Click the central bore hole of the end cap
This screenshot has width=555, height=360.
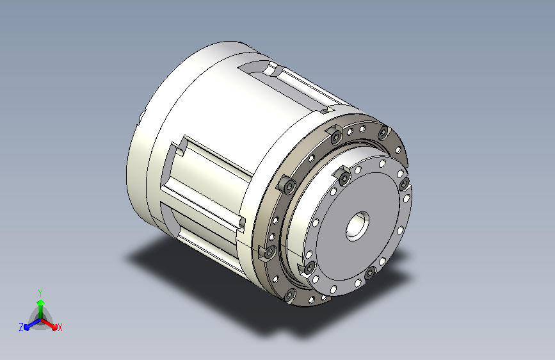pyautogui.click(x=357, y=226)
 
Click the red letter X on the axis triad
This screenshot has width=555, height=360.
pyautogui.click(x=60, y=328)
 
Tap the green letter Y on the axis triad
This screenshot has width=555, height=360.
pyautogui.click(x=40, y=293)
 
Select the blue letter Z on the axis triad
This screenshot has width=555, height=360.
pyautogui.click(x=21, y=327)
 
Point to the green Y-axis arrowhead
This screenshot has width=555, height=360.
pyautogui.click(x=40, y=303)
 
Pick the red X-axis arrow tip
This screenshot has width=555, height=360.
pyautogui.click(x=54, y=327)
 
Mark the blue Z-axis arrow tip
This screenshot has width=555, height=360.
pyautogui.click(x=26, y=327)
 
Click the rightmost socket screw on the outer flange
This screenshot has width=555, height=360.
pyautogui.click(x=383, y=133)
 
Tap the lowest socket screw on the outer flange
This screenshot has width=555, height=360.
pyautogui.click(x=289, y=295)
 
